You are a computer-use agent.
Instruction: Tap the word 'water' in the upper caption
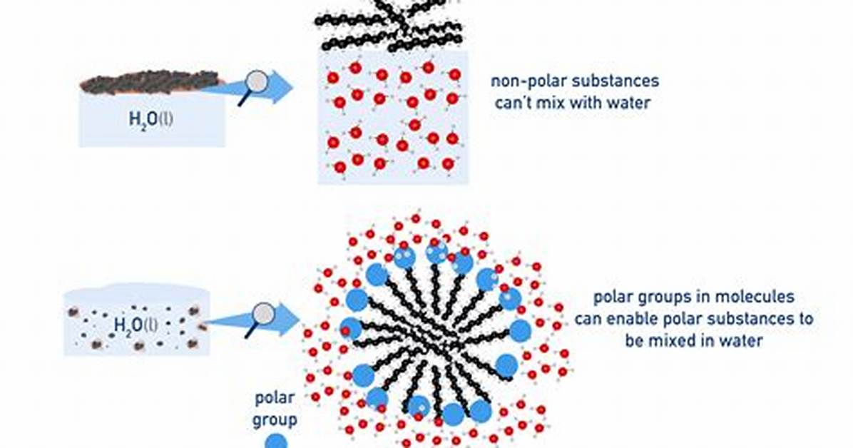coord(630,102)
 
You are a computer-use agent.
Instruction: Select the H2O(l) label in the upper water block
coord(151,118)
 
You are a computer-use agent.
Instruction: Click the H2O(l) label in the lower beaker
coord(136,325)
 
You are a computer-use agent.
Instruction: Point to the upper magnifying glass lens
coord(255,82)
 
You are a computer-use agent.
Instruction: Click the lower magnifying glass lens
coord(265,314)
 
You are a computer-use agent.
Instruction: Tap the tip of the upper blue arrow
coord(293,86)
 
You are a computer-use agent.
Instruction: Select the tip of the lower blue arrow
coord(301,319)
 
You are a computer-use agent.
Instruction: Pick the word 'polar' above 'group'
coord(275,398)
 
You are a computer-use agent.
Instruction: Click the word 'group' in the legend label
coord(275,419)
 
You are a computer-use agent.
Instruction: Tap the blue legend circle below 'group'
coord(276,442)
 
